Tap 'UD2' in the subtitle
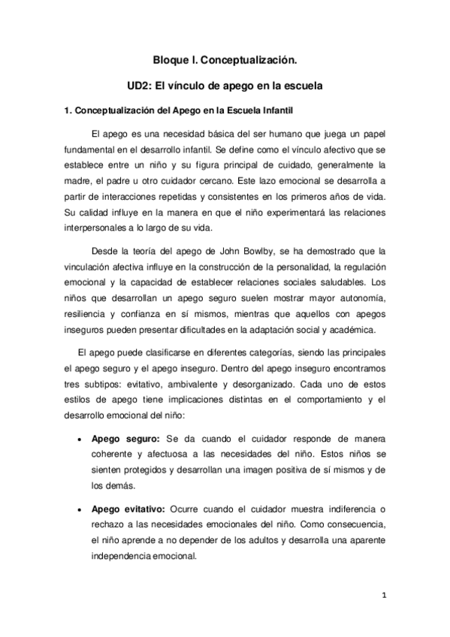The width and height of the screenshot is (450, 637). tap(141, 86)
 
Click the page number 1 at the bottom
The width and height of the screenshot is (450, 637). tap(383, 596)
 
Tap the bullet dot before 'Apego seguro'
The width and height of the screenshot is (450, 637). tap(79, 438)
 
